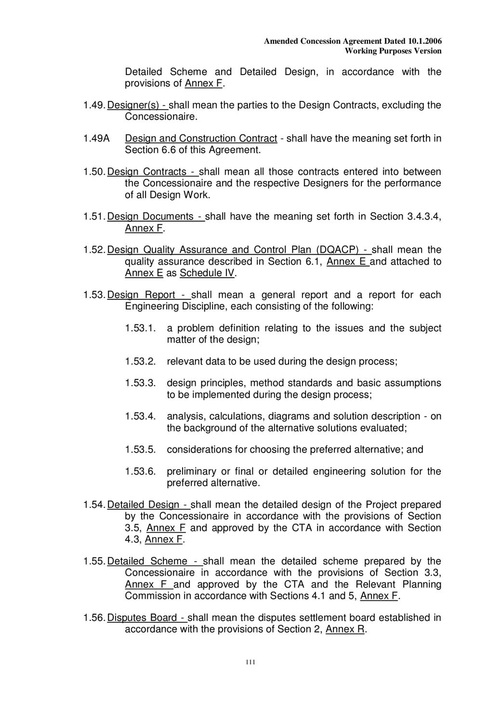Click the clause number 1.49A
click(x=96, y=139)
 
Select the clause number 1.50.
click(x=94, y=172)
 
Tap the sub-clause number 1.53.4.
click(x=140, y=416)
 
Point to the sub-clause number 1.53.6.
click(x=140, y=472)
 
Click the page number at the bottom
click(x=250, y=662)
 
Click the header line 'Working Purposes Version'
click(x=393, y=51)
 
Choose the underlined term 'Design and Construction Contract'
click(x=201, y=139)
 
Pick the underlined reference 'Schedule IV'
click(x=207, y=273)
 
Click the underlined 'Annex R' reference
click(x=345, y=630)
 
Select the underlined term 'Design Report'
click(x=141, y=295)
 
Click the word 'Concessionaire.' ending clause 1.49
click(x=161, y=117)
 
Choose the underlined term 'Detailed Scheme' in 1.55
click(x=147, y=561)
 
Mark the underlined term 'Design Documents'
click(x=150, y=217)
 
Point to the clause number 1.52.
click(x=94, y=250)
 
